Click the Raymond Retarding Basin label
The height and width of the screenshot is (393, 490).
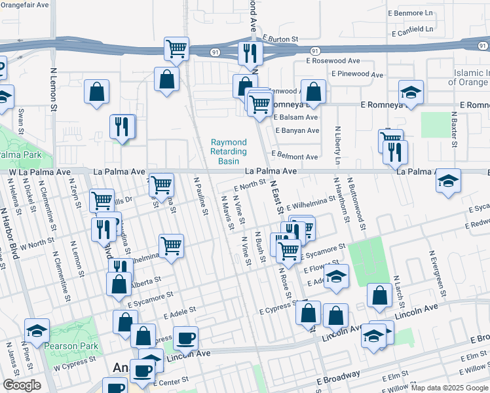pyautogui.click(x=229, y=151)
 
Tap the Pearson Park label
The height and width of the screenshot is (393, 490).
pyautogui.click(x=71, y=346)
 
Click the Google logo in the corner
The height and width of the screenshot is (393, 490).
pyautogui.click(x=22, y=385)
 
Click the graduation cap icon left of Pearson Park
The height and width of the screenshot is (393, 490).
pyautogui.click(x=37, y=330)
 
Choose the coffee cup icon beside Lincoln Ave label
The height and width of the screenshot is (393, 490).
pyautogui.click(x=186, y=337)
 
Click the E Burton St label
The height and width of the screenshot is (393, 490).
pyautogui.click(x=280, y=39)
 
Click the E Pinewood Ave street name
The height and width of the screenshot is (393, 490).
pyautogui.click(x=358, y=75)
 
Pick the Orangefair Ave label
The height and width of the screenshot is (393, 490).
pyautogui.click(x=24, y=5)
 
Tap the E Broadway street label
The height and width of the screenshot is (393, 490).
pyautogui.click(x=338, y=378)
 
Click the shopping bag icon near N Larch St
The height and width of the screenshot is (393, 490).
pyautogui.click(x=380, y=295)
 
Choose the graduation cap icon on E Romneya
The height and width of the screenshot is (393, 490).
pyautogui.click(x=411, y=93)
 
